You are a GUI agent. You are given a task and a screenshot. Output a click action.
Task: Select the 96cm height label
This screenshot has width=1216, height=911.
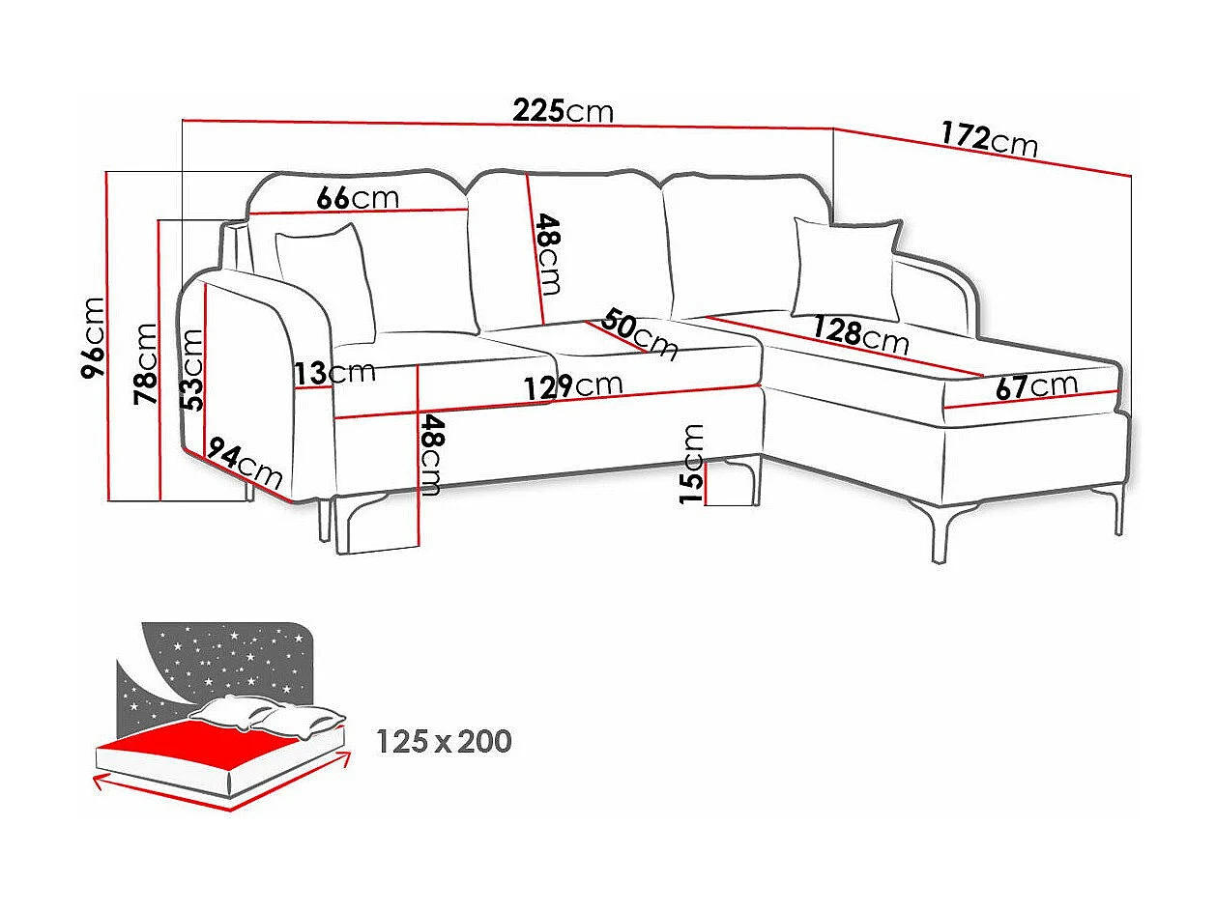pyautogui.click(x=93, y=337)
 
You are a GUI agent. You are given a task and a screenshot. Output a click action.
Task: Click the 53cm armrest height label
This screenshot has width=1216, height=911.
pyautogui.click(x=192, y=370)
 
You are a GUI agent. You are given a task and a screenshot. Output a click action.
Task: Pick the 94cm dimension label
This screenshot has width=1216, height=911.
pyautogui.click(x=245, y=466)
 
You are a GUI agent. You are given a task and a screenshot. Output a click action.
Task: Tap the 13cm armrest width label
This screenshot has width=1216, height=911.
pyautogui.click(x=335, y=373)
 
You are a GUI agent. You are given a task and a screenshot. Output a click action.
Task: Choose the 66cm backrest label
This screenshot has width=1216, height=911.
pyautogui.click(x=358, y=198)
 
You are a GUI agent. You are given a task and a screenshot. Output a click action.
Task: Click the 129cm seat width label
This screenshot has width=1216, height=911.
pyautogui.click(x=573, y=385)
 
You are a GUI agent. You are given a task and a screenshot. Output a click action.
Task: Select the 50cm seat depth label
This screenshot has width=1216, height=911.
pyautogui.click(x=640, y=333)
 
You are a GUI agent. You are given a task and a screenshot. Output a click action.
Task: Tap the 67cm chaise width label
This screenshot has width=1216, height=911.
pyautogui.click(x=1036, y=385)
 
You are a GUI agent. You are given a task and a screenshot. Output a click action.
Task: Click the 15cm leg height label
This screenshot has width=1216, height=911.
pyautogui.click(x=692, y=464)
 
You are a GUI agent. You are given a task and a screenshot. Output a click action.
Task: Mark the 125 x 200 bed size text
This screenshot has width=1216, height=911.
pyautogui.click(x=443, y=742)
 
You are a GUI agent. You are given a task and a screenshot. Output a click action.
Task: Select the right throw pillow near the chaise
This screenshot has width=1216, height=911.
pyautogui.click(x=846, y=268)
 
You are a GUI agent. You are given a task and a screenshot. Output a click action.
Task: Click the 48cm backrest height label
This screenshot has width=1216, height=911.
pyautogui.click(x=546, y=254)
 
